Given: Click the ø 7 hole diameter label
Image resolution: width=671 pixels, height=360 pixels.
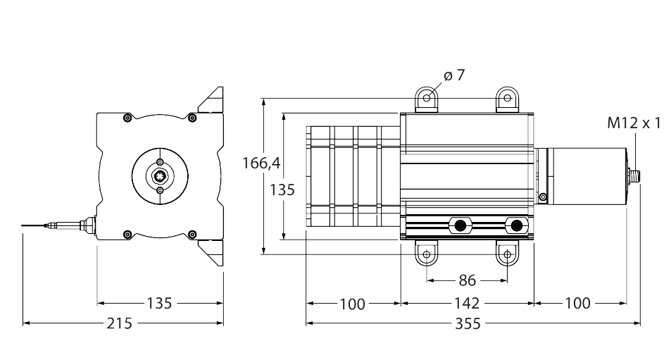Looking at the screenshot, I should coord(455,75).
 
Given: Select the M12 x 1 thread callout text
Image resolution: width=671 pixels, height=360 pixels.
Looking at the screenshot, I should coord(634,123).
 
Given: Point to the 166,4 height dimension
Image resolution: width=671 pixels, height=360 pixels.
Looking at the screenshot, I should coord(261,163).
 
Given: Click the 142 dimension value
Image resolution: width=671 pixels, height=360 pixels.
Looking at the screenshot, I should coord(466,304).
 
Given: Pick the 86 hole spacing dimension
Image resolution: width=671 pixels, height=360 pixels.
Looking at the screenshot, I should coord(467,280).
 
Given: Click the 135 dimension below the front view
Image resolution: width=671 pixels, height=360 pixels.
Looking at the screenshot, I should coord(159,304).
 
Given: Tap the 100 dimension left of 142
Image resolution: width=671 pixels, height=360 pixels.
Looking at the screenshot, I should coord(352,304).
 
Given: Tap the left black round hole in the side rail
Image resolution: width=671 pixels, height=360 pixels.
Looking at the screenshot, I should coord(460,225).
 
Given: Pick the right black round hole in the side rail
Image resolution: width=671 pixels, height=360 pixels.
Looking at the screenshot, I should coord(518,225).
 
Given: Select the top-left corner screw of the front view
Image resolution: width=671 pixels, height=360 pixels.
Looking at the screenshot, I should coord(127,117).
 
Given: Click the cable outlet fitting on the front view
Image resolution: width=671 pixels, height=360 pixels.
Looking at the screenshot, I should coord(87,225).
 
